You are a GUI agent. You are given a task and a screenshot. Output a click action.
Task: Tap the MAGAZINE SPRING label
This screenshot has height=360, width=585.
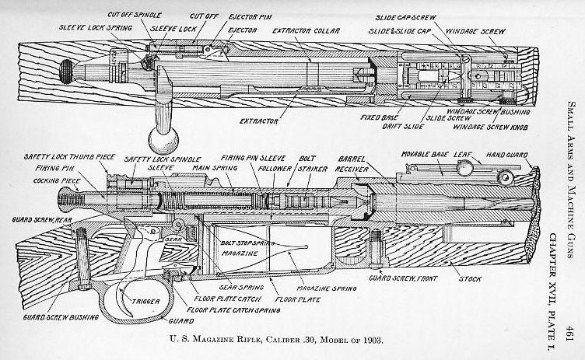click(x=323, y=287)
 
